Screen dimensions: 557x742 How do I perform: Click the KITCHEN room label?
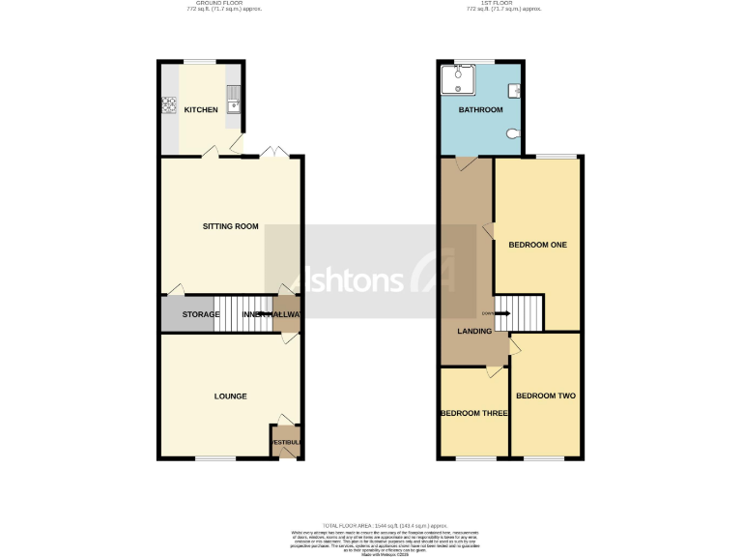pyautogui.click(x=201, y=110)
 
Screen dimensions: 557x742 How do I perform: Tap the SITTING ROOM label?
pyautogui.click(x=231, y=226)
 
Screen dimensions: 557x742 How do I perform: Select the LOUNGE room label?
pyautogui.click(x=231, y=396)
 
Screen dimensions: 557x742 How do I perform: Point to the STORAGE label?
pyautogui.click(x=201, y=314)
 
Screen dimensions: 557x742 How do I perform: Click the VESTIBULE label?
pyautogui.click(x=286, y=442)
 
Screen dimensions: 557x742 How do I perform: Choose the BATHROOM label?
pyautogui.click(x=481, y=110)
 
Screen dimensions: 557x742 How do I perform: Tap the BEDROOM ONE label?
pyautogui.click(x=537, y=245)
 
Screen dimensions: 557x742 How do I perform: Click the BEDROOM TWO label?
pyautogui.click(x=546, y=396)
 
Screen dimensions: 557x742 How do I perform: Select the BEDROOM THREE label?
pyautogui.click(x=474, y=413)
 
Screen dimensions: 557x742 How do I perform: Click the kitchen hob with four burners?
pyautogui.click(x=169, y=104)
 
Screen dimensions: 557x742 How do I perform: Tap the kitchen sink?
pyautogui.click(x=233, y=97)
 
